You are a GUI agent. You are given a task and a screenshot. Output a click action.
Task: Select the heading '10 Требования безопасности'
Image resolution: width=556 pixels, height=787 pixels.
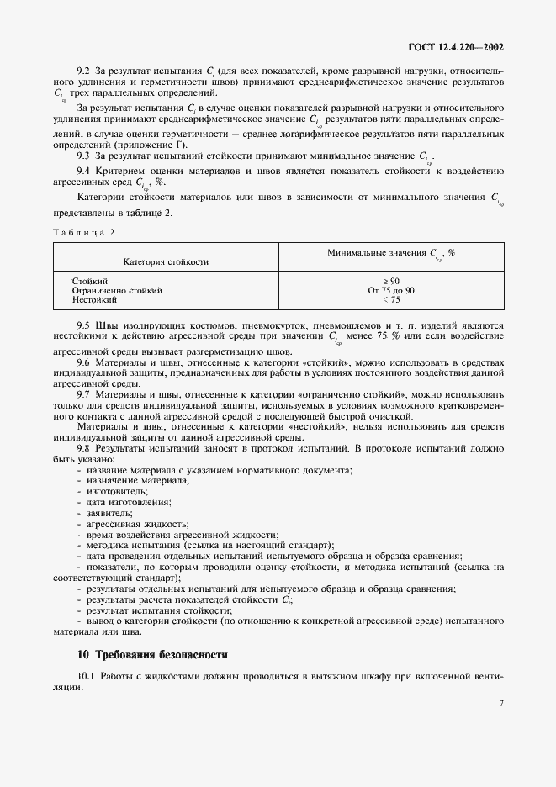pos(152,654)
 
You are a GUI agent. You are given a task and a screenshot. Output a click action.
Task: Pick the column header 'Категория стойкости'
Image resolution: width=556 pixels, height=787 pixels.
pos(166,262)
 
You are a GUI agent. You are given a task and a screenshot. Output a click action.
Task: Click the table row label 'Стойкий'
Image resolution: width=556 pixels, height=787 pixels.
pos(90,280)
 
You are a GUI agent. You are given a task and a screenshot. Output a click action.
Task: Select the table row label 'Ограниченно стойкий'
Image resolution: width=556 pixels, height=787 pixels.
pos(117,289)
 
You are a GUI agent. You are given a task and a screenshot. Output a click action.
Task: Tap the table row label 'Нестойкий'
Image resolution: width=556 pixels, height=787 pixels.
pos(94,298)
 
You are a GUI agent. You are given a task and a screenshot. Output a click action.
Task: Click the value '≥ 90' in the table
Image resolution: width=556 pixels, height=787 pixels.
pos(391,280)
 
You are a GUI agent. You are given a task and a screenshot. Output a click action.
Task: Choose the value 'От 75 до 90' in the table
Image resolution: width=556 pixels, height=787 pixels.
pos(391,289)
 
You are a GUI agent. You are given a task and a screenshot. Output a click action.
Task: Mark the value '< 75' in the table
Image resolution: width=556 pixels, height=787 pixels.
pos(391,298)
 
